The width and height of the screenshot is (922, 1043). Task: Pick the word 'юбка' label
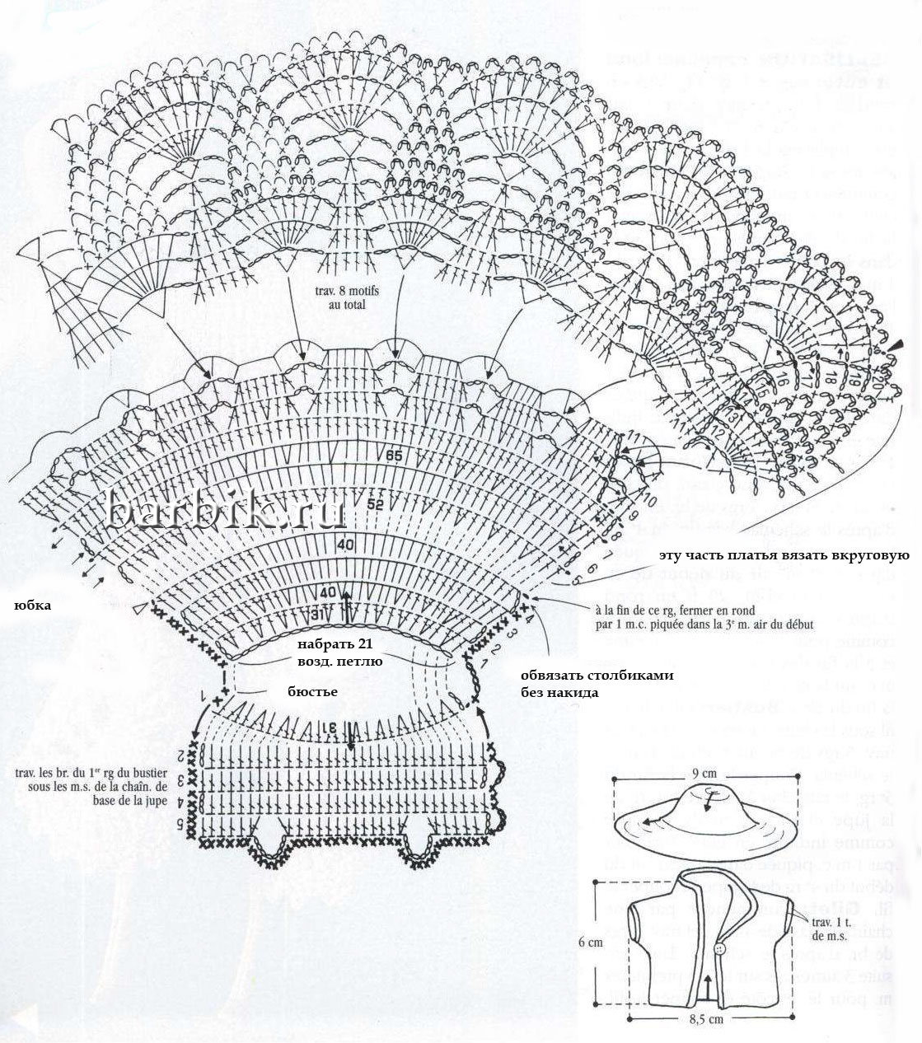coord(33,606)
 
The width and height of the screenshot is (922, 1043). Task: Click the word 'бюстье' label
coord(313,691)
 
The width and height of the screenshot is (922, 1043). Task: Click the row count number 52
coord(377,505)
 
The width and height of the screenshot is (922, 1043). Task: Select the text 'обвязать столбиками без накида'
coord(596,684)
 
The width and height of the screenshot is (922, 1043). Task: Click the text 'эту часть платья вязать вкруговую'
coord(784,555)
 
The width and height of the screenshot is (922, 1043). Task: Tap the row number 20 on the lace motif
coord(875,386)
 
